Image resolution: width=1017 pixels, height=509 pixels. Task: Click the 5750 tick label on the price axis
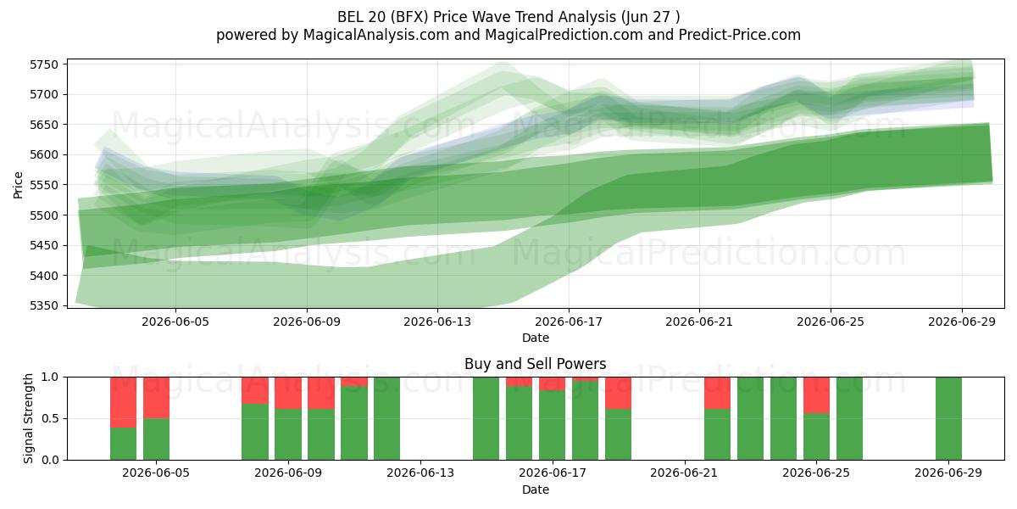(44, 64)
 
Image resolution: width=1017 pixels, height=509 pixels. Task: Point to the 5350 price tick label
(44, 305)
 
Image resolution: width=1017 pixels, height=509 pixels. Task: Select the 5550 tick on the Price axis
(44, 185)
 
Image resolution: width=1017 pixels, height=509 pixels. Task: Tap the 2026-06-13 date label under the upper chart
(437, 322)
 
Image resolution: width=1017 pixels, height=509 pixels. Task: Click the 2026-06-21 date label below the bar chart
(684, 473)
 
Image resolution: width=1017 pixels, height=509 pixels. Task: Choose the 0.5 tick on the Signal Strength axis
(50, 418)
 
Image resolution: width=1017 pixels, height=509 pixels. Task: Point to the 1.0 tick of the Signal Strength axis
(50, 377)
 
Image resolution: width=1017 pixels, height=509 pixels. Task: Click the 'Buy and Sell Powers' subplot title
(536, 364)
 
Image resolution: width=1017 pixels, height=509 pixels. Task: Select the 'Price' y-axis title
(18, 185)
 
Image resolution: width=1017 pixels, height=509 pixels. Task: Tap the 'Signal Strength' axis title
(28, 418)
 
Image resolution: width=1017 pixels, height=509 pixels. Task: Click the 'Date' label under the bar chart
(536, 489)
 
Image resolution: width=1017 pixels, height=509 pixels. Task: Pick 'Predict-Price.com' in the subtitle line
(740, 35)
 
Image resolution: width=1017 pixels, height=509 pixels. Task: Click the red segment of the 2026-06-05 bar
(156, 398)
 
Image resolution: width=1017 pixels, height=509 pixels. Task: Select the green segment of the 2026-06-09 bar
(288, 434)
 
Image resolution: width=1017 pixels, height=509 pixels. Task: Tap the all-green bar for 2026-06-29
(948, 418)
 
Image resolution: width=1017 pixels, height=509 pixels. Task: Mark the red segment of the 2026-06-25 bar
(816, 395)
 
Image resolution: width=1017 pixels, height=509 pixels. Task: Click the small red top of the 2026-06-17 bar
(552, 383)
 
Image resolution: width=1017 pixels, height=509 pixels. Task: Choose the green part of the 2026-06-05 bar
(156, 439)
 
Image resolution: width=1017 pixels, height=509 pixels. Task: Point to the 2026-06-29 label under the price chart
(962, 322)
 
